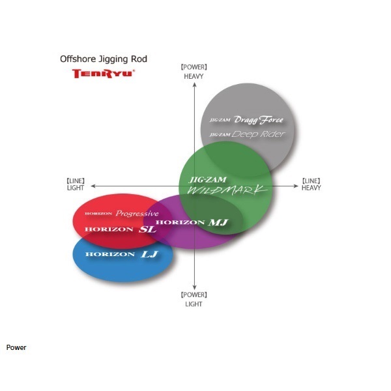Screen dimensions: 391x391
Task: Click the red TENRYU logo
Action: [x=104, y=74]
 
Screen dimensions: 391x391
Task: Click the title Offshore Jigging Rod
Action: [x=104, y=59]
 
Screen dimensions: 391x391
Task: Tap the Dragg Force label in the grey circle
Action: [x=259, y=120]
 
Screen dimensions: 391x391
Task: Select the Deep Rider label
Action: [x=258, y=134]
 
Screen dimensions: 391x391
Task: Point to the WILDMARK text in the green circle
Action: [x=227, y=190]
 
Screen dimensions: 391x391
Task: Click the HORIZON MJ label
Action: [x=192, y=222]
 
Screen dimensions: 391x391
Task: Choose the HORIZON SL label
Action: [x=121, y=229]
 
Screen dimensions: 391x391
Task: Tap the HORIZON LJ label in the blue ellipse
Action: [x=122, y=254]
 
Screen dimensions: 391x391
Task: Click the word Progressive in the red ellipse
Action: [x=137, y=214]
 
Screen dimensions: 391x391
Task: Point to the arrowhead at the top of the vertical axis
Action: [x=194, y=85]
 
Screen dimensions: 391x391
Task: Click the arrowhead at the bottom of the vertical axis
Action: [x=194, y=287]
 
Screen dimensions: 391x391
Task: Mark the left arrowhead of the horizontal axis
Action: [x=93, y=186]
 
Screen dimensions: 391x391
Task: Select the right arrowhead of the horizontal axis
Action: [x=296, y=186]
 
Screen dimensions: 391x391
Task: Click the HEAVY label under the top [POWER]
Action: [x=194, y=76]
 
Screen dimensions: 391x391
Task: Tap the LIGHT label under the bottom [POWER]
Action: [x=194, y=304]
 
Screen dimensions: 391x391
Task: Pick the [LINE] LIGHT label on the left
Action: [x=76, y=184]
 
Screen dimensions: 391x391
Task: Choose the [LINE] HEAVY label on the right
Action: [x=311, y=184]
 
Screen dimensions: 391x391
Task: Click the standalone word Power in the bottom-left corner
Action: [x=16, y=347]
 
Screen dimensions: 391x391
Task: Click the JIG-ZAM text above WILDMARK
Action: [x=208, y=180]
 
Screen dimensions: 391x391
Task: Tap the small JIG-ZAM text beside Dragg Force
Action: [x=220, y=120]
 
